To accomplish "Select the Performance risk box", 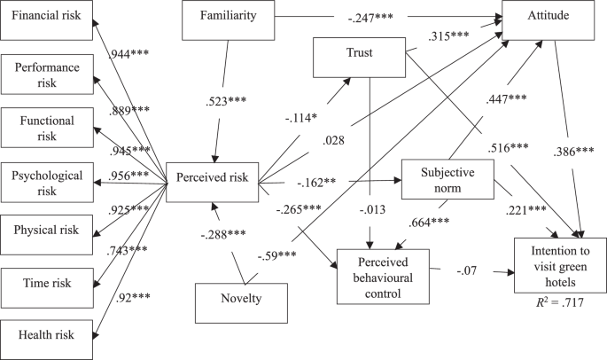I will [46, 75].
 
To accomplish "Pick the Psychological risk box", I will [46, 181].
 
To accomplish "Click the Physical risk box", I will [46, 231].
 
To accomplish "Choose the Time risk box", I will [46, 284].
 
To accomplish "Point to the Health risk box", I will [46, 335].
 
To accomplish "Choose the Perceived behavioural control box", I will [383, 273].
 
